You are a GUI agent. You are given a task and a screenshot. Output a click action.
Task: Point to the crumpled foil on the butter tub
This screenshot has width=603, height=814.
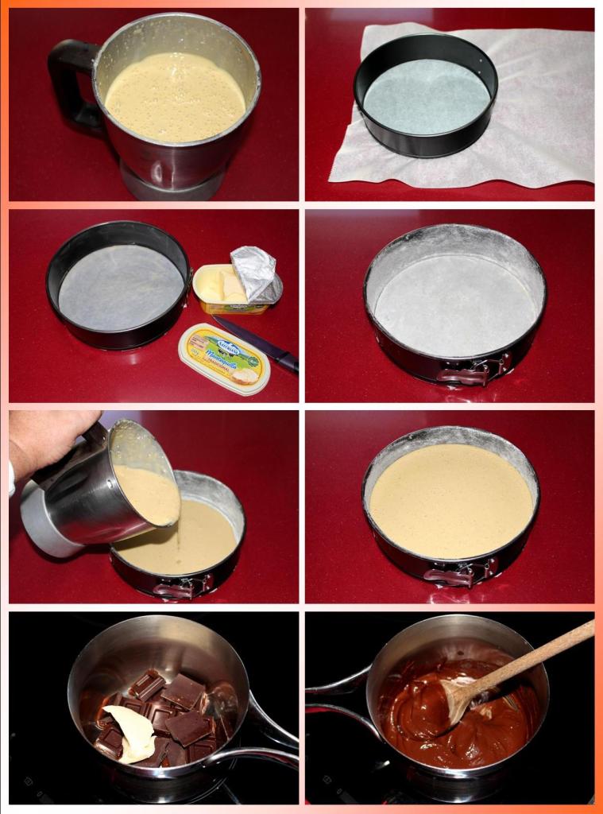pyautogui.click(x=254, y=273)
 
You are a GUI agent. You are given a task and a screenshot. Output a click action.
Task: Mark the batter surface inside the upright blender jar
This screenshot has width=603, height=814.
pyautogui.click(x=175, y=95)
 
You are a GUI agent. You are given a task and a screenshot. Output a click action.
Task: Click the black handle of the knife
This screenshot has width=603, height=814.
pyautogui.click(x=284, y=362)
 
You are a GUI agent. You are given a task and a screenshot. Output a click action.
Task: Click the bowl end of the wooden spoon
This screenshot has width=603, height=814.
pyautogui.click(x=461, y=696)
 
